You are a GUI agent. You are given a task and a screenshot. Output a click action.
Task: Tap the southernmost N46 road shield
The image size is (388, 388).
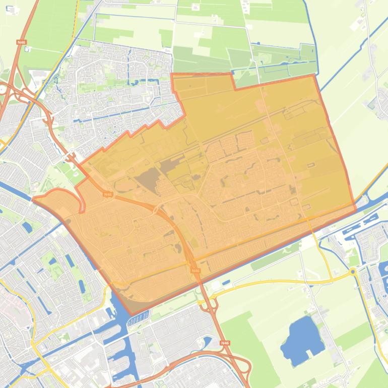tap(225, 343)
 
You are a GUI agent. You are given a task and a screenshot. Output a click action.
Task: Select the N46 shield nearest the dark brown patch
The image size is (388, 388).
tap(107, 195)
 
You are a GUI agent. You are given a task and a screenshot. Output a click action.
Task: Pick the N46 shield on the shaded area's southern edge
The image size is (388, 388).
tap(196, 271)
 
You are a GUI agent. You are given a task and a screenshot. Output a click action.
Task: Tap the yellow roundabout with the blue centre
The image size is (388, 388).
tap(353, 272)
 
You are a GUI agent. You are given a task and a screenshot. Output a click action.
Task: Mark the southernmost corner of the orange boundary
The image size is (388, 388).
tap(132, 315)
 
